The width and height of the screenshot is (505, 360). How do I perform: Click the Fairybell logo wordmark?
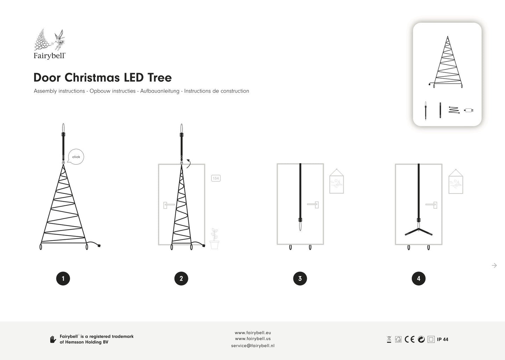[49, 56]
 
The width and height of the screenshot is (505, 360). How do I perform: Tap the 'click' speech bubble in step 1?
[76, 157]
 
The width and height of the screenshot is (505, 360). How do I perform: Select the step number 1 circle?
[63, 279]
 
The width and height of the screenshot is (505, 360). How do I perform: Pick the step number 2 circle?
[181, 279]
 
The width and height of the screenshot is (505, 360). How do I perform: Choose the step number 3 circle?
[300, 279]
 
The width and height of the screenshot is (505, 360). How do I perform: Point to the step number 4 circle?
[419, 279]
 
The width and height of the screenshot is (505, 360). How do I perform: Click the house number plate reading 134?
[216, 178]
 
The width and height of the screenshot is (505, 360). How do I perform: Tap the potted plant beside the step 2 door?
[214, 238]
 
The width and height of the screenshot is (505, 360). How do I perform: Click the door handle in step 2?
[169, 205]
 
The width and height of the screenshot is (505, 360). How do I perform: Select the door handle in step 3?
[313, 205]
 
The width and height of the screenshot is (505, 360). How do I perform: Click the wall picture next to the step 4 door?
[456, 181]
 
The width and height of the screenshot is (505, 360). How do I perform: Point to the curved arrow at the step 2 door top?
[188, 164]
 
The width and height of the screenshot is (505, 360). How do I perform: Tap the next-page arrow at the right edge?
[494, 265]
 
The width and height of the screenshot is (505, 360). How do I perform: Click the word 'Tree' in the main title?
[160, 78]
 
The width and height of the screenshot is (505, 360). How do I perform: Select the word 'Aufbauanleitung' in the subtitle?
[160, 91]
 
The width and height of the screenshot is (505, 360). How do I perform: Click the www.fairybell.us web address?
[253, 339]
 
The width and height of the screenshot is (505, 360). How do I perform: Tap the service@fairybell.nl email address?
[253, 346]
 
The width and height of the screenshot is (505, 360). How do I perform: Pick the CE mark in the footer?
[409, 339]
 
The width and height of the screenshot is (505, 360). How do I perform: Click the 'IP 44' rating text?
[442, 339]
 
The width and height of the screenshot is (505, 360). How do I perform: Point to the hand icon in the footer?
[53, 339]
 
